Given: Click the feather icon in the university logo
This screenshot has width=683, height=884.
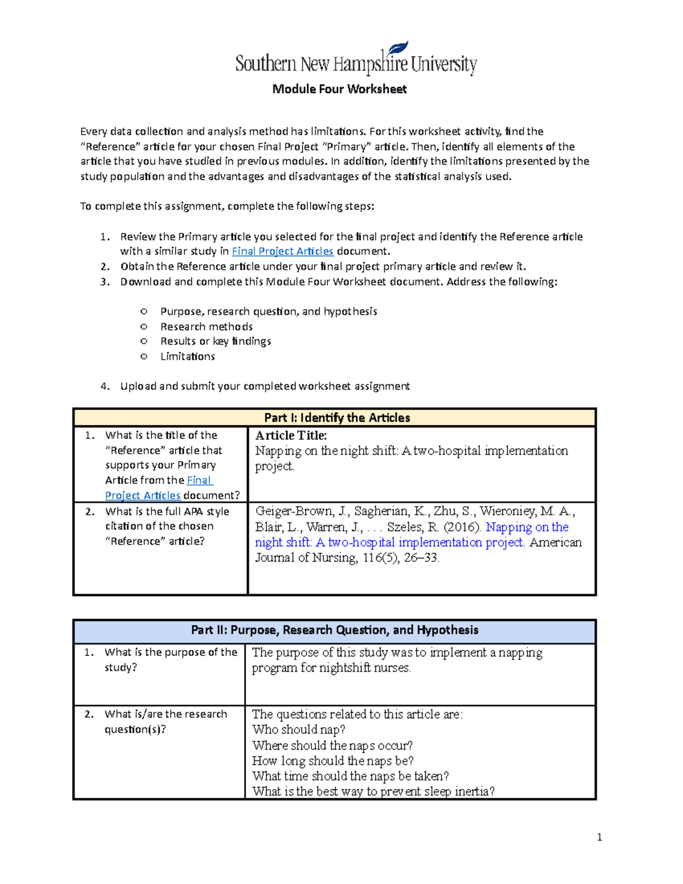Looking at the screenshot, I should pyautogui.click(x=398, y=49).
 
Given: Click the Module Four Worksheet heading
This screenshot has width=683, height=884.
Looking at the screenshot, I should pyautogui.click(x=339, y=89).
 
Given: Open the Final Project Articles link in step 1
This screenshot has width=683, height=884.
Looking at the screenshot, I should pyautogui.click(x=282, y=251).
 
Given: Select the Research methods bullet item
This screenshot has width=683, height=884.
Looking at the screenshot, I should pyautogui.click(x=206, y=326).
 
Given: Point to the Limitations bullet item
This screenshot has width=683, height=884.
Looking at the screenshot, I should pyautogui.click(x=187, y=356).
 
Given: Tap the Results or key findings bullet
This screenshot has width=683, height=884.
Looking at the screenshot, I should pyautogui.click(x=215, y=341).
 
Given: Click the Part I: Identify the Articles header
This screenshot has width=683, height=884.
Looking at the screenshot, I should pyautogui.click(x=337, y=417).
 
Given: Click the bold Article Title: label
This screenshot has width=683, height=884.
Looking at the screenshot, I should pyautogui.click(x=291, y=435).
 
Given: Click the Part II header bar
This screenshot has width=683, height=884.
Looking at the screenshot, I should pyautogui.click(x=335, y=630).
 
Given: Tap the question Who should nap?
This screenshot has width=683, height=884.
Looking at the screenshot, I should pyautogui.click(x=298, y=730).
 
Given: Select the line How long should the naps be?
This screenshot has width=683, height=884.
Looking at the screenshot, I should pyautogui.click(x=332, y=761).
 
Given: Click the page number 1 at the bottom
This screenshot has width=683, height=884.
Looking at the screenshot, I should pyautogui.click(x=599, y=837).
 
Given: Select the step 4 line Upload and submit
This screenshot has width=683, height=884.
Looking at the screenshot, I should pyautogui.click(x=264, y=386).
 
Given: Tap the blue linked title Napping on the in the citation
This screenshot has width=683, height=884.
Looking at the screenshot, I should pyautogui.click(x=526, y=527).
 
